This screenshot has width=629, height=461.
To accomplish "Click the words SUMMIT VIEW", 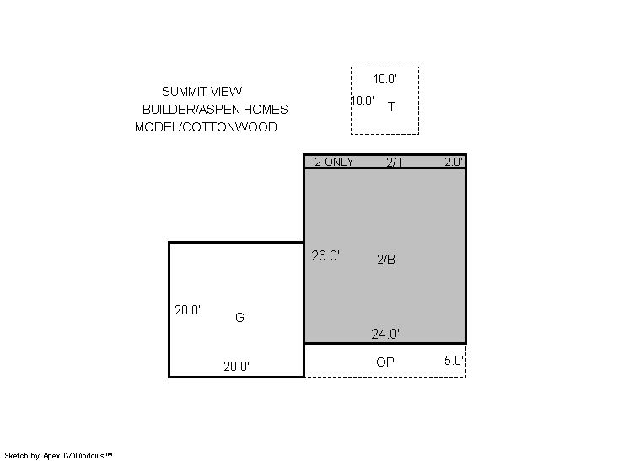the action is [202, 92].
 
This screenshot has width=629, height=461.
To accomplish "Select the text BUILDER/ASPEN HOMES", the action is [215, 110].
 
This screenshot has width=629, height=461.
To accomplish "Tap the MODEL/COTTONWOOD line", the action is [206, 127].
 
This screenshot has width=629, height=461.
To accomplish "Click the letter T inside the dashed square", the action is [391, 107].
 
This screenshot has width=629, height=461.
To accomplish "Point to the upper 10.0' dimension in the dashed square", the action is [385, 78].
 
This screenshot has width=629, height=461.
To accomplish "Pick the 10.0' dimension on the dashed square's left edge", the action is [363, 100].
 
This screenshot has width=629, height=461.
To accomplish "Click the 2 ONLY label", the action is [334, 162].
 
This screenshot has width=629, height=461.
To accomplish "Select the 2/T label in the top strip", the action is [395, 162].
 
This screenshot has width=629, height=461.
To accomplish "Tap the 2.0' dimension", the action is [454, 162].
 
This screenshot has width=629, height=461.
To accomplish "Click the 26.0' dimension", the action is [325, 255].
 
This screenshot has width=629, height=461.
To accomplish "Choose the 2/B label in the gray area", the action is [386, 260].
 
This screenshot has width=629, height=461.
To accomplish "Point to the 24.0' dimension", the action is [385, 334].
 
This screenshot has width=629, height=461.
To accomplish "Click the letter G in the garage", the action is [239, 318].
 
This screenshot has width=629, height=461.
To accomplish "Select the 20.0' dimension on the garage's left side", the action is [188, 310].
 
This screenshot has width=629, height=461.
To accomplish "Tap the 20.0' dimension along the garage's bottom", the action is [237, 367].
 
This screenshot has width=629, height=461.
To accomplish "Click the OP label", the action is [385, 362].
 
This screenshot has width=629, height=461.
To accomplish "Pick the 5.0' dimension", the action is [454, 361].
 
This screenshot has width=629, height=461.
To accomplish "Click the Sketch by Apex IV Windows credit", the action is [58, 456].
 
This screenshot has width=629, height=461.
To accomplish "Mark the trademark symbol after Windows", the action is [108, 454].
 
